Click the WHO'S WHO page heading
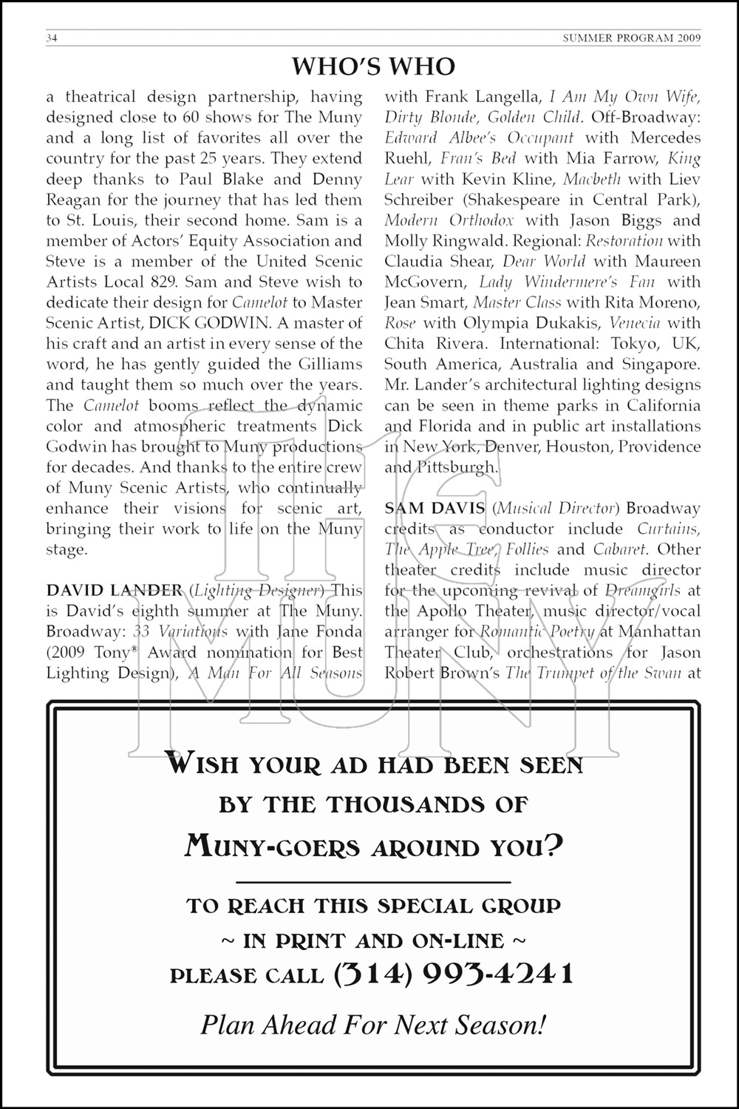(373, 67)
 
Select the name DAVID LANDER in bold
(114, 590)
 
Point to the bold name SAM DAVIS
(435, 508)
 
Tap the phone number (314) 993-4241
(454, 974)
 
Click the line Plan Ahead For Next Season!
(373, 1025)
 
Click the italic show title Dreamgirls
(641, 591)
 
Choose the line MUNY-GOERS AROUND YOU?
(373, 844)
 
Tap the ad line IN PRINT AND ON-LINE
(373, 941)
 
